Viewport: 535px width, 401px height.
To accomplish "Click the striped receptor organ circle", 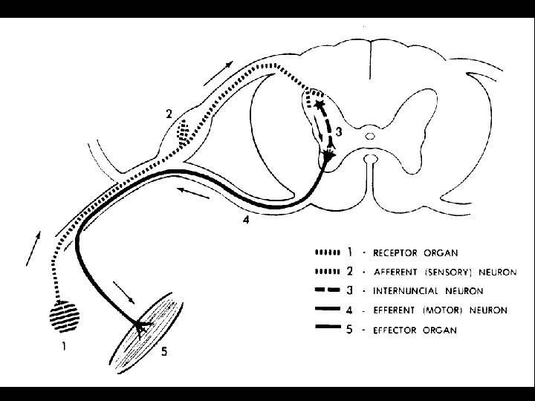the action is pos(63,318).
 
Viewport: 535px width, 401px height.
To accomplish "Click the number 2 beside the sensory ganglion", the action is pos(169,114).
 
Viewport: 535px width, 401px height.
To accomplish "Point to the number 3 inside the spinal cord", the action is pos(339,132).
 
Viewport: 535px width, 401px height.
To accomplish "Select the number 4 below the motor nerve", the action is pos(246,220).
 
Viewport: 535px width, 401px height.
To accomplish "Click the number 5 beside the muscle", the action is pos(163,353).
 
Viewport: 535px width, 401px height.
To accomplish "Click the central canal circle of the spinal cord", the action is pos(370,136).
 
